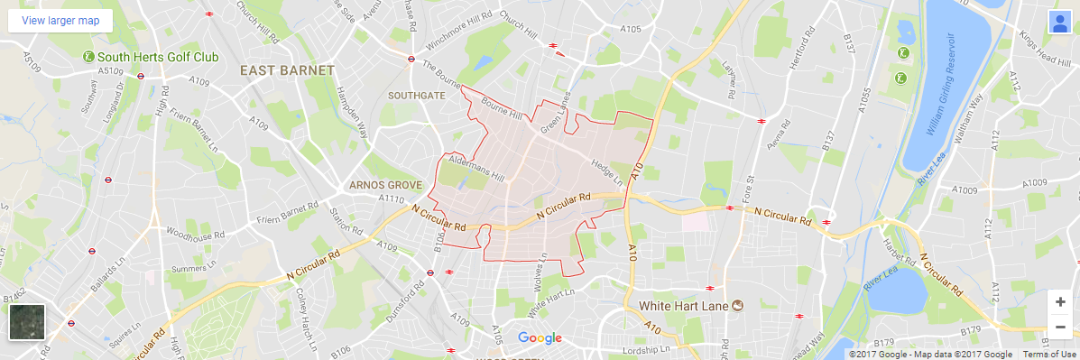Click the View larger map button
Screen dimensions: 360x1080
click(60, 20)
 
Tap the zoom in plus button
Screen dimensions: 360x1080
click(1060, 301)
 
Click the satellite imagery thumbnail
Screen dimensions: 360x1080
click(27, 322)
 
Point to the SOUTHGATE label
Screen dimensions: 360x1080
click(416, 95)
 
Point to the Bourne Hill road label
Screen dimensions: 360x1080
click(503, 108)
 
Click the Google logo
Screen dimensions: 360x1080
click(540, 338)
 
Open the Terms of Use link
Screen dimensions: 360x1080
click(1049, 355)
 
